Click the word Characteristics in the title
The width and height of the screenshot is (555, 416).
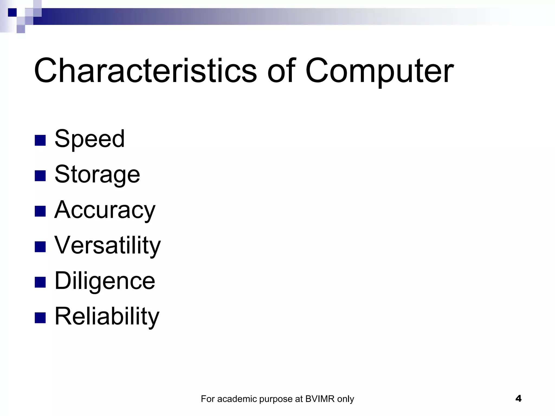click(x=145, y=71)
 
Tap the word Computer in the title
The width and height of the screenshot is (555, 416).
click(x=379, y=71)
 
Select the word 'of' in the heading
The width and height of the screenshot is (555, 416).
click(x=281, y=71)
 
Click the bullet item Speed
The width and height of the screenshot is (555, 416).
click(x=90, y=139)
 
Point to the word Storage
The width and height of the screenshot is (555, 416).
click(x=97, y=174)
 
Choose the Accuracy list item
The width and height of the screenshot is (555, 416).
click(x=105, y=210)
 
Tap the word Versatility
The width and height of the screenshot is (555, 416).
click(x=108, y=245)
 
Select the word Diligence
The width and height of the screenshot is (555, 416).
click(x=105, y=281)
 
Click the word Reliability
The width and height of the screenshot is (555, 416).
click(x=107, y=316)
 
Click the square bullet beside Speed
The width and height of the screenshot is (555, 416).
click(x=40, y=140)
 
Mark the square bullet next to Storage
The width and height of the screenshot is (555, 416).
click(x=40, y=176)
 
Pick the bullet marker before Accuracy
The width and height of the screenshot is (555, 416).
click(x=40, y=211)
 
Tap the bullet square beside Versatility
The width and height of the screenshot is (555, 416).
click(x=40, y=247)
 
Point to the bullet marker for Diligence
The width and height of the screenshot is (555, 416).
click(x=40, y=282)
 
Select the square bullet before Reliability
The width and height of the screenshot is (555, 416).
click(x=40, y=318)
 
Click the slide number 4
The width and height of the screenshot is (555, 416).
click(x=518, y=398)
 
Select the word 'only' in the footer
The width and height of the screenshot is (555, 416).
click(x=346, y=399)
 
